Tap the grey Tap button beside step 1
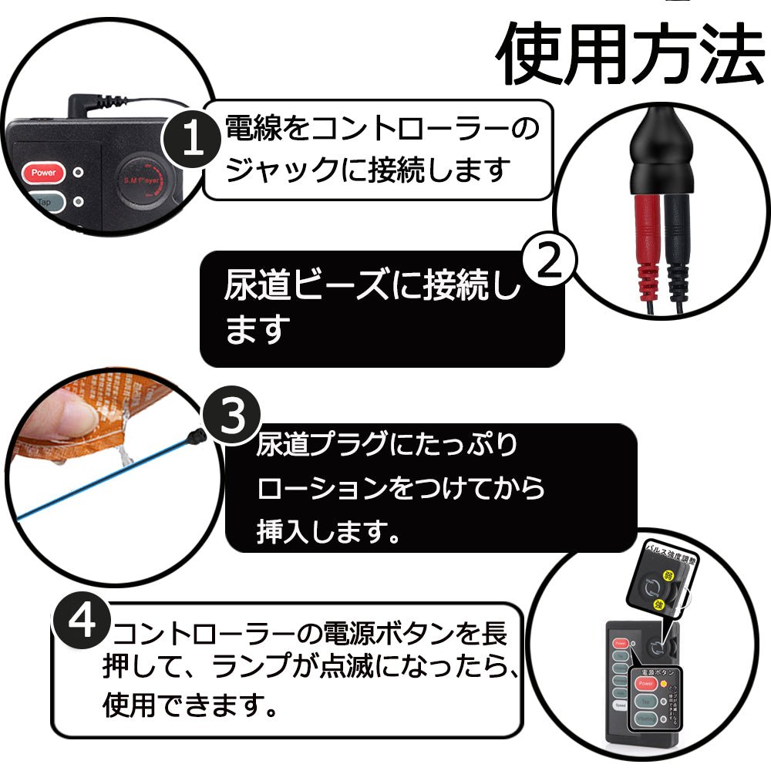click(43, 202)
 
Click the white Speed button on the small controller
click(620, 705)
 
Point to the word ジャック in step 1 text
click(269, 170)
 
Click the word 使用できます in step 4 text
click(180, 703)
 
